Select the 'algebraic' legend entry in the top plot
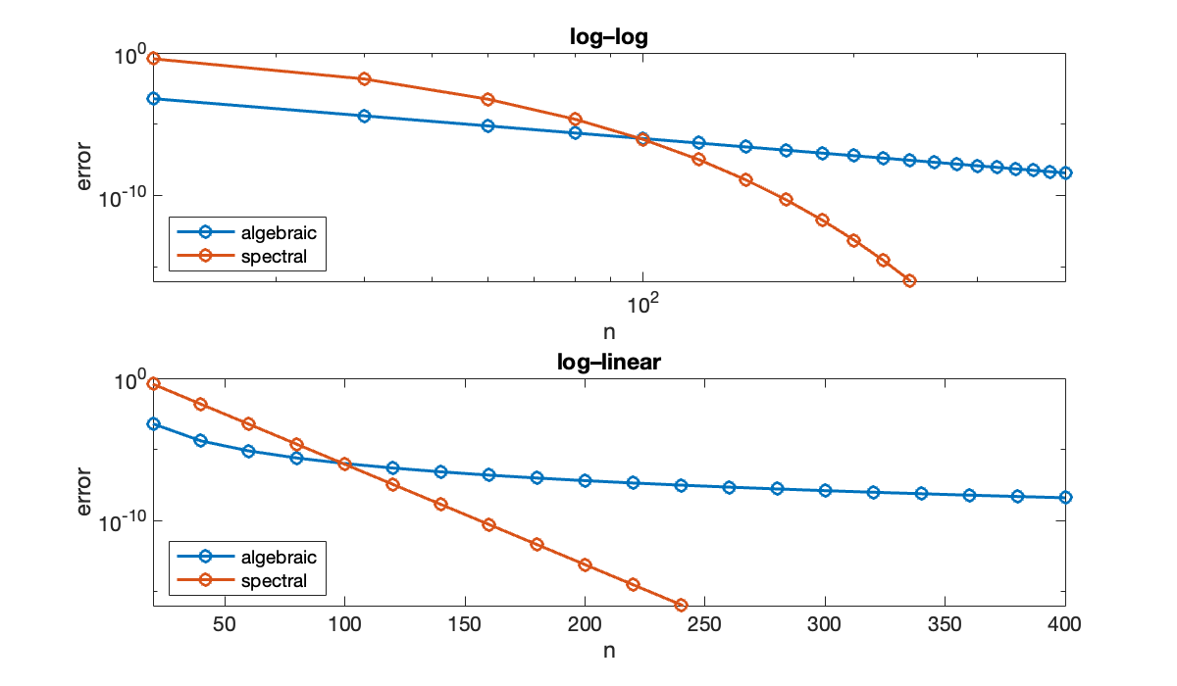[x=279, y=232]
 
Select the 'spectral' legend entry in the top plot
[x=274, y=257]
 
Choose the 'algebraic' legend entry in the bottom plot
[x=279, y=557]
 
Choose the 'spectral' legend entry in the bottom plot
[x=274, y=581]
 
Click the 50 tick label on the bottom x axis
[x=225, y=626]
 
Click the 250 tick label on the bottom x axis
[x=705, y=626]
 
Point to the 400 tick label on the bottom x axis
[x=1065, y=626]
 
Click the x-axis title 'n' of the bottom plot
[x=608, y=649]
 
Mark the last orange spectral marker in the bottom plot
[x=681, y=605]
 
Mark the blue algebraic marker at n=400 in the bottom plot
[x=1065, y=497]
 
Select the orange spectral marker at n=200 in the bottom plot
[x=585, y=564]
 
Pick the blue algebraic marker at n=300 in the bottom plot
[x=825, y=490]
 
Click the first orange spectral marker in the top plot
[x=153, y=59]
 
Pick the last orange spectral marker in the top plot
[x=909, y=281]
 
